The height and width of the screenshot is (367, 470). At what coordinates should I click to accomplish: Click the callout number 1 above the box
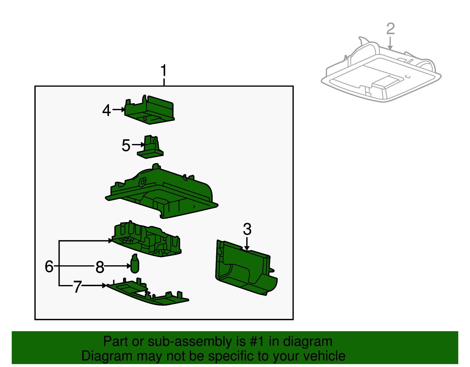(164, 71)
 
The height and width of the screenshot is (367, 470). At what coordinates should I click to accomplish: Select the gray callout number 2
(390, 29)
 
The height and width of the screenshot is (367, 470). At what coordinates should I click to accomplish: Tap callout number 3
(247, 229)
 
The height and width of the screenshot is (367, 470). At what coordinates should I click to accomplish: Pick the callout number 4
(107, 110)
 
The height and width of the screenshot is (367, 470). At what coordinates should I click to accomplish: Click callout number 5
(126, 145)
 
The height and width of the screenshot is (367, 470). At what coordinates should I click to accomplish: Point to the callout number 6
(49, 266)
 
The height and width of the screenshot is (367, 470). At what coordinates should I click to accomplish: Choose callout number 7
(77, 286)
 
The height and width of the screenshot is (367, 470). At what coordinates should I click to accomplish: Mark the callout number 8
(100, 267)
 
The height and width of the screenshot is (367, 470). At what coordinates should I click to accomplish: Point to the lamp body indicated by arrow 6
(147, 239)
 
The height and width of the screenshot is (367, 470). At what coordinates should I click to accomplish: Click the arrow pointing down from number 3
(247, 244)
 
